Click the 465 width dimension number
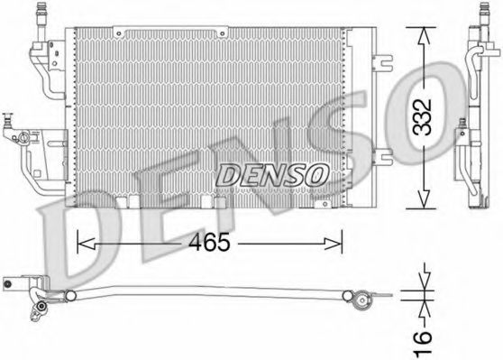tap(210, 242)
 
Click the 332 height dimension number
tap(423, 117)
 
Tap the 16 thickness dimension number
tap(423, 345)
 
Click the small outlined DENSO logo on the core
tap(272, 175)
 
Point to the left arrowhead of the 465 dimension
tap(86, 244)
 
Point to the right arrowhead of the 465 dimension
tap(334, 244)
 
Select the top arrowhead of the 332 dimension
tap(424, 36)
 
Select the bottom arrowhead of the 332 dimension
tap(424, 198)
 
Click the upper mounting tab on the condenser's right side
tap(382, 62)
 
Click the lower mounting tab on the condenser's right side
tap(382, 157)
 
